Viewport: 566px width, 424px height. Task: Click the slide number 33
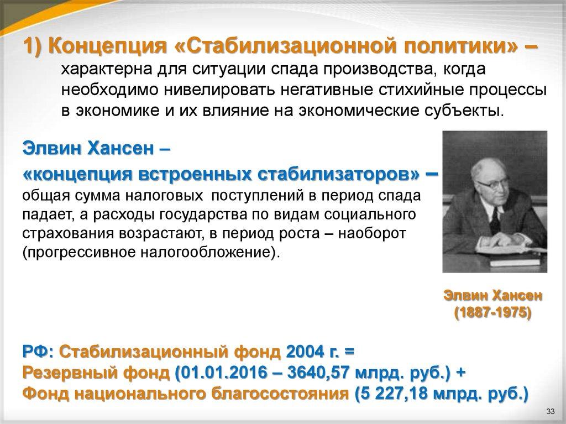[x=549, y=412]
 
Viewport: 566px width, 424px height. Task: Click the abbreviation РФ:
[x=38, y=352]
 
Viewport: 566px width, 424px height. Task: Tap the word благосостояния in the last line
[x=269, y=394]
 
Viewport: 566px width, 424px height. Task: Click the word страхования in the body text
[x=67, y=233]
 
